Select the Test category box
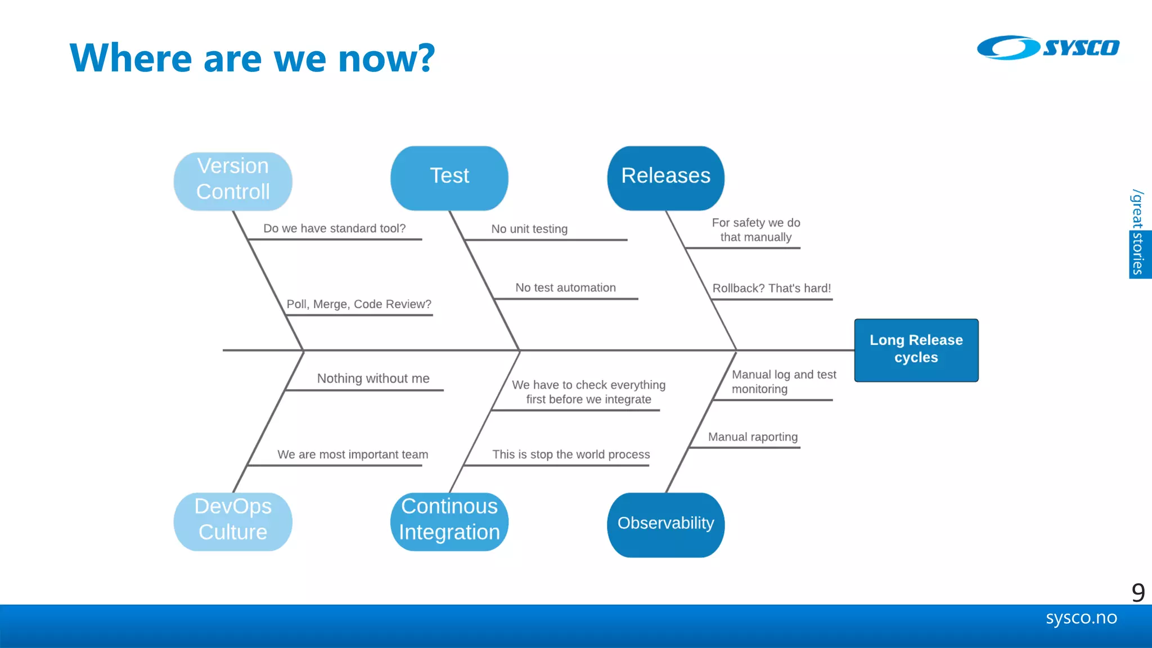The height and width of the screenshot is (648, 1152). click(x=449, y=178)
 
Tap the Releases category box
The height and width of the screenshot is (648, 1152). click(x=665, y=178)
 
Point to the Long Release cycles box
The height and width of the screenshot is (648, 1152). click(x=916, y=350)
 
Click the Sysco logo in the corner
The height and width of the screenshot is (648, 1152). click(x=1047, y=48)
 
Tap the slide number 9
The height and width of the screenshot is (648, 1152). click(x=1137, y=592)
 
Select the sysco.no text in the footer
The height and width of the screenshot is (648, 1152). click(x=1081, y=618)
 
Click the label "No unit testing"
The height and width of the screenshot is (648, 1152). click(x=529, y=229)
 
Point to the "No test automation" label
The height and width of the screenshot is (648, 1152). click(x=565, y=287)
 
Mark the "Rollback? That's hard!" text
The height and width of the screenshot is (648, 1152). click(x=771, y=288)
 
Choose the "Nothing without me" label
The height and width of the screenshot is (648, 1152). click(x=373, y=379)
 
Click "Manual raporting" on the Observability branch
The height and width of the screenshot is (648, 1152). click(x=753, y=437)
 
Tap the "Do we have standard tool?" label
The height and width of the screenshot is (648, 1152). click(x=334, y=228)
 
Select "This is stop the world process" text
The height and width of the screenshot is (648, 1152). click(x=571, y=454)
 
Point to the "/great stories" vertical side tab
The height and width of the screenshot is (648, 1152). click(x=1138, y=233)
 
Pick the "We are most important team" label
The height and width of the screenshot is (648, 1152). click(x=353, y=454)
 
